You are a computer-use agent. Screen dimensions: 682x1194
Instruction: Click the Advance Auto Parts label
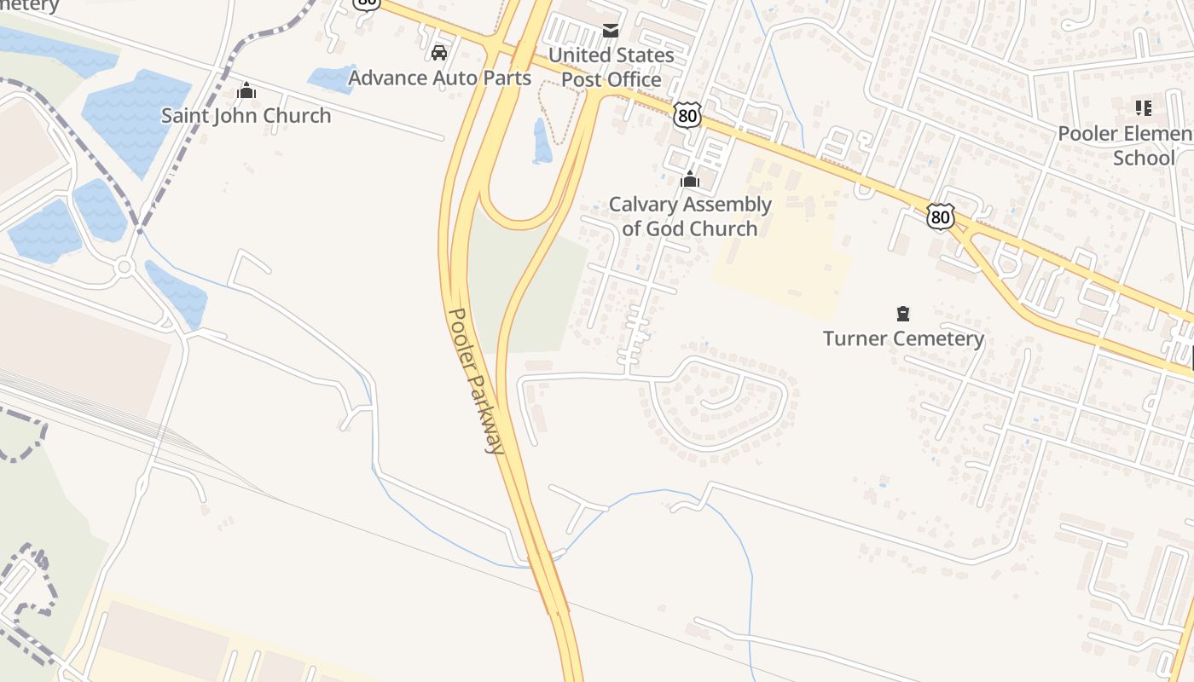[439, 78]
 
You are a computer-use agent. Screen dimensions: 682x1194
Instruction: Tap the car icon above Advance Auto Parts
[439, 53]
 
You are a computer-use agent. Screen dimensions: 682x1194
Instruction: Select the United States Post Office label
[611, 67]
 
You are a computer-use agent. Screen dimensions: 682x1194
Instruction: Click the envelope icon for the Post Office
[611, 31]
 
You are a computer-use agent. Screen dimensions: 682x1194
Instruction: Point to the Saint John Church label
[246, 116]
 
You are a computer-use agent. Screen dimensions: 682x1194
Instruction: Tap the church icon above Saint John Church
[246, 90]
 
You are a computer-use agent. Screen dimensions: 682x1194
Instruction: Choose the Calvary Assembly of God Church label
[689, 217]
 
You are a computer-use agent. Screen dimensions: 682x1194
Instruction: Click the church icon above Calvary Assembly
[689, 180]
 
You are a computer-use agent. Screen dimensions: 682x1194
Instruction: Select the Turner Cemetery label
[903, 338]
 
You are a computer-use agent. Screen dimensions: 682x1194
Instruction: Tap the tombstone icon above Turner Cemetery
[903, 314]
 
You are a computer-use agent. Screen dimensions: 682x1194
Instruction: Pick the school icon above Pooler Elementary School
[1143, 108]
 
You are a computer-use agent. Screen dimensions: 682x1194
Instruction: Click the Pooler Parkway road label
[476, 380]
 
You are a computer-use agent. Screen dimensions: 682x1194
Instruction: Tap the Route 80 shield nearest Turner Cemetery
[940, 217]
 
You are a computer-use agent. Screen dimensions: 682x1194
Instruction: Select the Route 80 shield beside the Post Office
[687, 115]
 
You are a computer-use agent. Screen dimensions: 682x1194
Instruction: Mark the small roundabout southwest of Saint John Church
[125, 267]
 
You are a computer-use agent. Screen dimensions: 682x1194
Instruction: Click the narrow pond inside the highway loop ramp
[541, 142]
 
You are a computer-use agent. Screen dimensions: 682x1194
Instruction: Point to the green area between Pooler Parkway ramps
[546, 290]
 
